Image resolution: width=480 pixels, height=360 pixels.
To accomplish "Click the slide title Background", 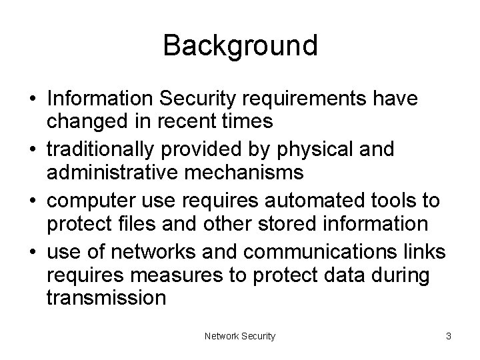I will coord(240,46).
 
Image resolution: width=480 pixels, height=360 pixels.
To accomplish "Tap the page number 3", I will coord(449,337).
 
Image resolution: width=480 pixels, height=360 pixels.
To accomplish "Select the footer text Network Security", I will coord(240,337).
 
